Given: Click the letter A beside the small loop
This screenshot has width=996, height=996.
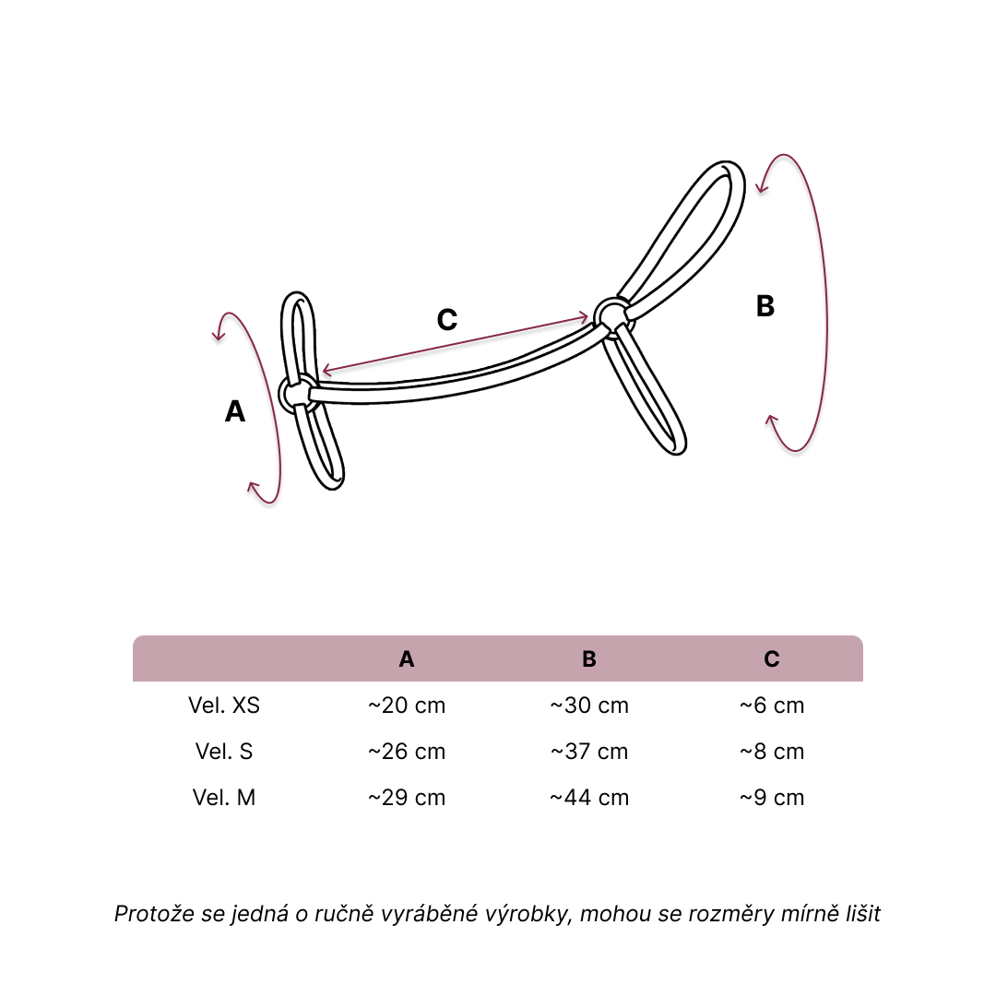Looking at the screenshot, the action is [x=235, y=411].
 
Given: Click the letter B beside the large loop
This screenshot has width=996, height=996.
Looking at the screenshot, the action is [x=765, y=305].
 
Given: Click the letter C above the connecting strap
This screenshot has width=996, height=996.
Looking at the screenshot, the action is [x=447, y=319].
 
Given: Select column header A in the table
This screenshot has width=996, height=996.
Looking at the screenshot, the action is [x=407, y=659].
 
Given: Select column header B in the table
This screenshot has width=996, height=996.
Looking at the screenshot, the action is [x=589, y=659].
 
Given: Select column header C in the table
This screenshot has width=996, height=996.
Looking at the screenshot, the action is [x=772, y=659].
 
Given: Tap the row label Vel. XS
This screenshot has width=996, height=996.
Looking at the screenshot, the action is [x=224, y=705].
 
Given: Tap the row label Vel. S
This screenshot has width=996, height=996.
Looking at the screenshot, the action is [x=224, y=752].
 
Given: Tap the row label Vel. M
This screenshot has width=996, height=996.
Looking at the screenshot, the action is [x=224, y=797].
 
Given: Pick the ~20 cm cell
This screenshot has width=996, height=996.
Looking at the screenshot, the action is [x=407, y=705].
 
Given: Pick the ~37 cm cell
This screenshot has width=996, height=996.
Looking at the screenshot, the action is [x=589, y=752].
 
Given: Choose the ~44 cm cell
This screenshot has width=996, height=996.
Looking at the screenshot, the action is [x=589, y=797].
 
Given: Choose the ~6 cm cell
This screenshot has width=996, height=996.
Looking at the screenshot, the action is [x=772, y=705].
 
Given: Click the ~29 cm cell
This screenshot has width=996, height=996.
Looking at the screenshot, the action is [x=407, y=797].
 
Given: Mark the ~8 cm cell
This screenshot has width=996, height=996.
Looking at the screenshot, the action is [x=772, y=752].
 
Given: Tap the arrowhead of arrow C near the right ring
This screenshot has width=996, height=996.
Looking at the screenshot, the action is [x=583, y=317].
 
